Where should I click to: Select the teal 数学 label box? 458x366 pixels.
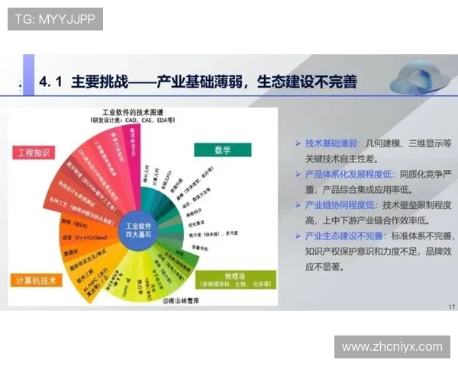click(221, 149)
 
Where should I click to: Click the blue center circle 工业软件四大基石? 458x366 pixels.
click(139, 231)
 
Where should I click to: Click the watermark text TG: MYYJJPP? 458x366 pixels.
click(55, 19)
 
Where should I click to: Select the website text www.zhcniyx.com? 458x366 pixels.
click(392, 347)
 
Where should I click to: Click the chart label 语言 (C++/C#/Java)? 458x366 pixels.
click(76, 236)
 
